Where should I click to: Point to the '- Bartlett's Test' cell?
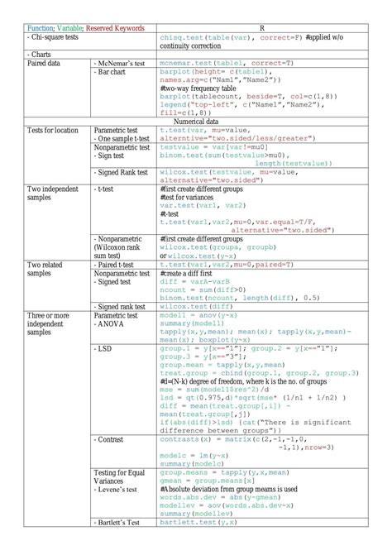(122, 523)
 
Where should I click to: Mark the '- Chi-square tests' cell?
(55, 38)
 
